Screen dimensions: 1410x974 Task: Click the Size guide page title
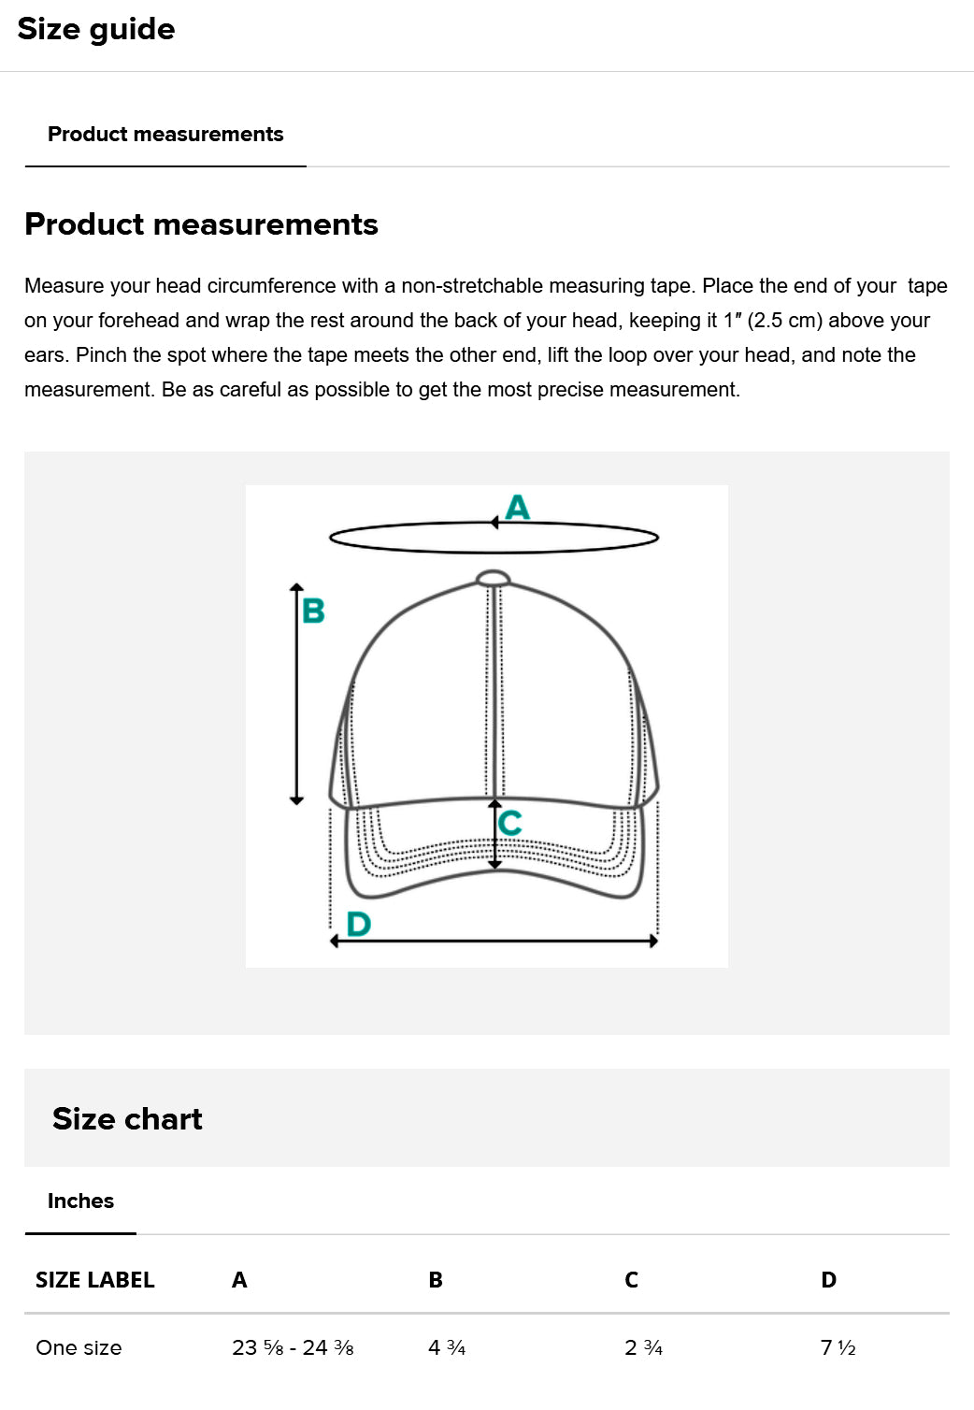click(x=95, y=29)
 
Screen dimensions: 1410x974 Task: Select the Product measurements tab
click(x=165, y=135)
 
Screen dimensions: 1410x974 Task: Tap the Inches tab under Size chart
click(x=80, y=1201)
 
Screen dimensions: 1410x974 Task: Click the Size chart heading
click(x=127, y=1119)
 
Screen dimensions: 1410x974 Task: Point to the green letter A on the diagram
click(x=517, y=508)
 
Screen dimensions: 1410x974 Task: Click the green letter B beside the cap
click(x=313, y=611)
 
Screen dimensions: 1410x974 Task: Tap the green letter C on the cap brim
click(x=510, y=823)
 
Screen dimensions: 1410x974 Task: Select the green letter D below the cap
click(x=358, y=924)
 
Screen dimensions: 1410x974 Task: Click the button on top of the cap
click(x=493, y=578)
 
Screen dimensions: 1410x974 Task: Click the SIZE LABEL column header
click(x=94, y=1280)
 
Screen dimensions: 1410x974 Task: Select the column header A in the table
click(x=239, y=1280)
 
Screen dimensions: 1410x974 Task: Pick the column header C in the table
click(x=631, y=1280)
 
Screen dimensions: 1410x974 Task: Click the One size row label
click(x=79, y=1347)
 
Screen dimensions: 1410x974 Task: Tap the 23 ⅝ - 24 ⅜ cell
click(x=293, y=1347)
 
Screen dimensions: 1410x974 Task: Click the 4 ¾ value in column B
click(x=447, y=1347)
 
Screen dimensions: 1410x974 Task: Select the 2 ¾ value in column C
click(x=643, y=1347)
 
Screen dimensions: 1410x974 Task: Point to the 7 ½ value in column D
click(x=838, y=1347)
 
